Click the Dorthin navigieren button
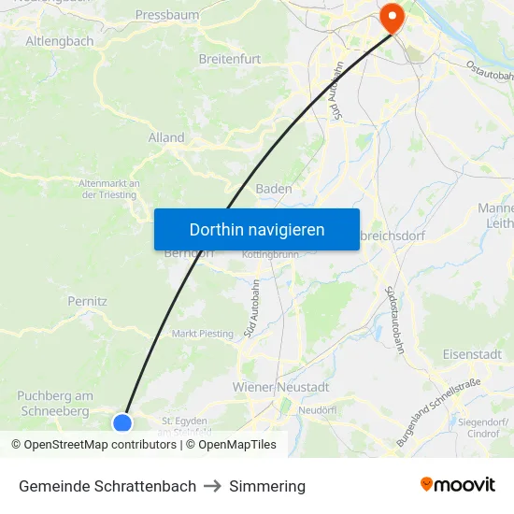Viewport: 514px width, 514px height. [257, 229]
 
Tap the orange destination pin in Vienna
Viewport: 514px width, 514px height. [390, 17]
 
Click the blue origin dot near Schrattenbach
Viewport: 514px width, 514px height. [122, 423]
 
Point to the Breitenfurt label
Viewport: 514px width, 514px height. [230, 59]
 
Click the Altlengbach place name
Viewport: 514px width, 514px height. [60, 41]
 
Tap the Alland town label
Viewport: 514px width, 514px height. [166, 137]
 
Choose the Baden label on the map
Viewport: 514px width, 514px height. [274, 188]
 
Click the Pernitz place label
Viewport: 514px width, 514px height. [88, 301]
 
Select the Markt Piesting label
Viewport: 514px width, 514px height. [203, 334]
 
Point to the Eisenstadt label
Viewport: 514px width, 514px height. [472, 354]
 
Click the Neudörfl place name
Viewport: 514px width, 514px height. [317, 410]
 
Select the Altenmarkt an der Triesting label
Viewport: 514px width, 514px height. [109, 189]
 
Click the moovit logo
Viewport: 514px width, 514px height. [458, 485]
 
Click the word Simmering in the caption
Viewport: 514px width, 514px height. [267, 486]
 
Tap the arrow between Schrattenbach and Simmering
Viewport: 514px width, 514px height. [213, 486]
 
